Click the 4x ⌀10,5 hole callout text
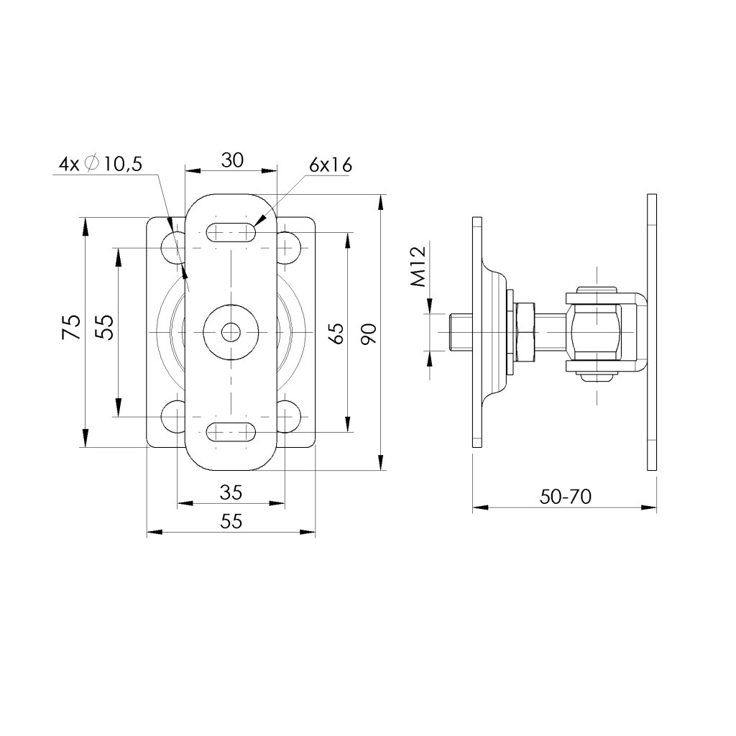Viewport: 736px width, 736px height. [101, 165]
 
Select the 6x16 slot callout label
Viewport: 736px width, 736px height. [331, 165]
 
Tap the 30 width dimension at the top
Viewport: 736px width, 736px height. [232, 160]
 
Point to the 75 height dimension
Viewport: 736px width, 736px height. [70, 327]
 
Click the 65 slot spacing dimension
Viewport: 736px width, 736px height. [337, 333]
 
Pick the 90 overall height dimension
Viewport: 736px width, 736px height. [369, 333]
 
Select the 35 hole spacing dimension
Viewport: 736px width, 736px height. [231, 492]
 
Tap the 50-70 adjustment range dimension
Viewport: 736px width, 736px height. [565, 497]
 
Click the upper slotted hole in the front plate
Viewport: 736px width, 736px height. [231, 232]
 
